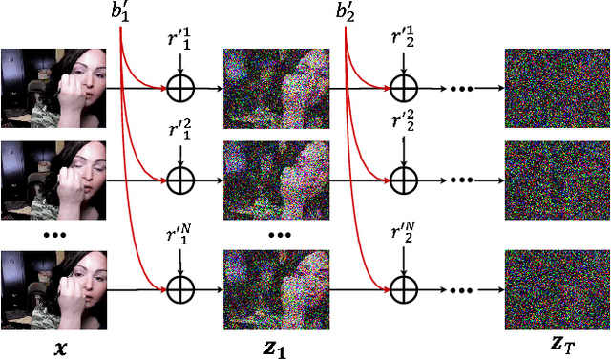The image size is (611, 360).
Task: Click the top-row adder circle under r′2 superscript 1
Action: pyautogui.click(x=404, y=89)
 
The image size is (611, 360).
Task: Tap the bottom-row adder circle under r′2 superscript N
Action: pyautogui.click(x=404, y=286)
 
